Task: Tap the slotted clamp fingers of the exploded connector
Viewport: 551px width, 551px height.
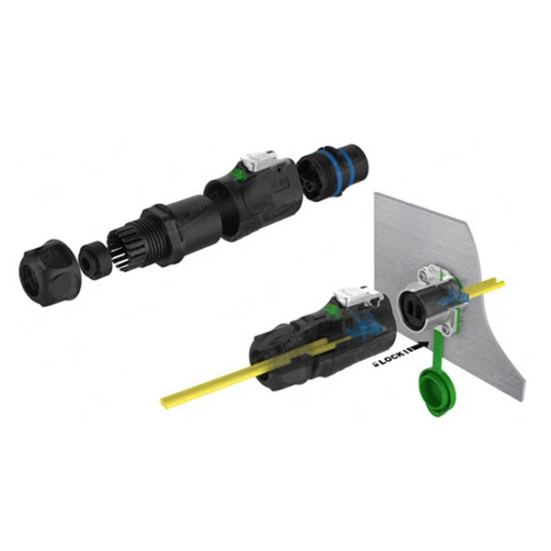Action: [129, 244]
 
